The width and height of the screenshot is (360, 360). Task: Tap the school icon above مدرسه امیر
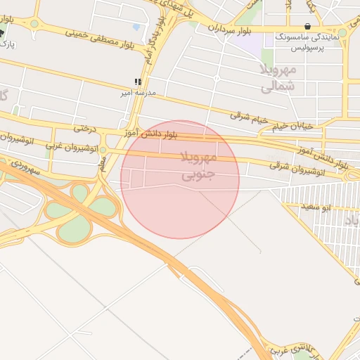pos(139,82)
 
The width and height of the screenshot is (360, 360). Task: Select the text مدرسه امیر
pos(139,93)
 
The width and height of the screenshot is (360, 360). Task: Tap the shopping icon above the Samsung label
pos(307,26)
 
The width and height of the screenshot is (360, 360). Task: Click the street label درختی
pos(84,129)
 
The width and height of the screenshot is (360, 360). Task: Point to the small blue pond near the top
pos(136,27)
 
